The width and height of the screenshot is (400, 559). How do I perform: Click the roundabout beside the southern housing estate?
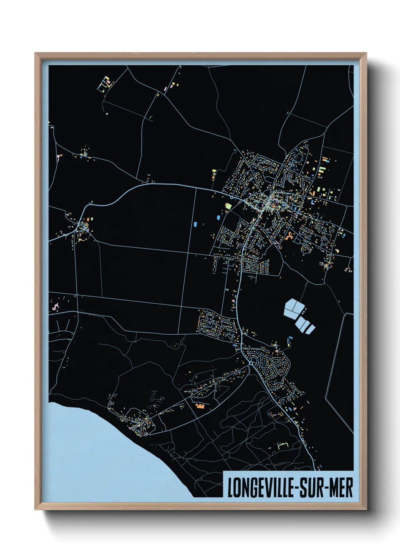(x=251, y=363)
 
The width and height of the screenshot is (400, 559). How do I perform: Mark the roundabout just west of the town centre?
(x=231, y=197)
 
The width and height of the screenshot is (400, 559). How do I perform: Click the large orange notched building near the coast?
(x=200, y=406)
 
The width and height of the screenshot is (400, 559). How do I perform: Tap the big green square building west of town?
(x=228, y=206)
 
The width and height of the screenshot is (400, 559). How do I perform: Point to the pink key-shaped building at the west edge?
(x=56, y=307)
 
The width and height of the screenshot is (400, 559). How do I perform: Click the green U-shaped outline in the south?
(x=282, y=446)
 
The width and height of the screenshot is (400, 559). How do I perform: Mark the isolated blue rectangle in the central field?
(x=195, y=224)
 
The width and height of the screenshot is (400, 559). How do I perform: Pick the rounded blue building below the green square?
(x=219, y=217)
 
